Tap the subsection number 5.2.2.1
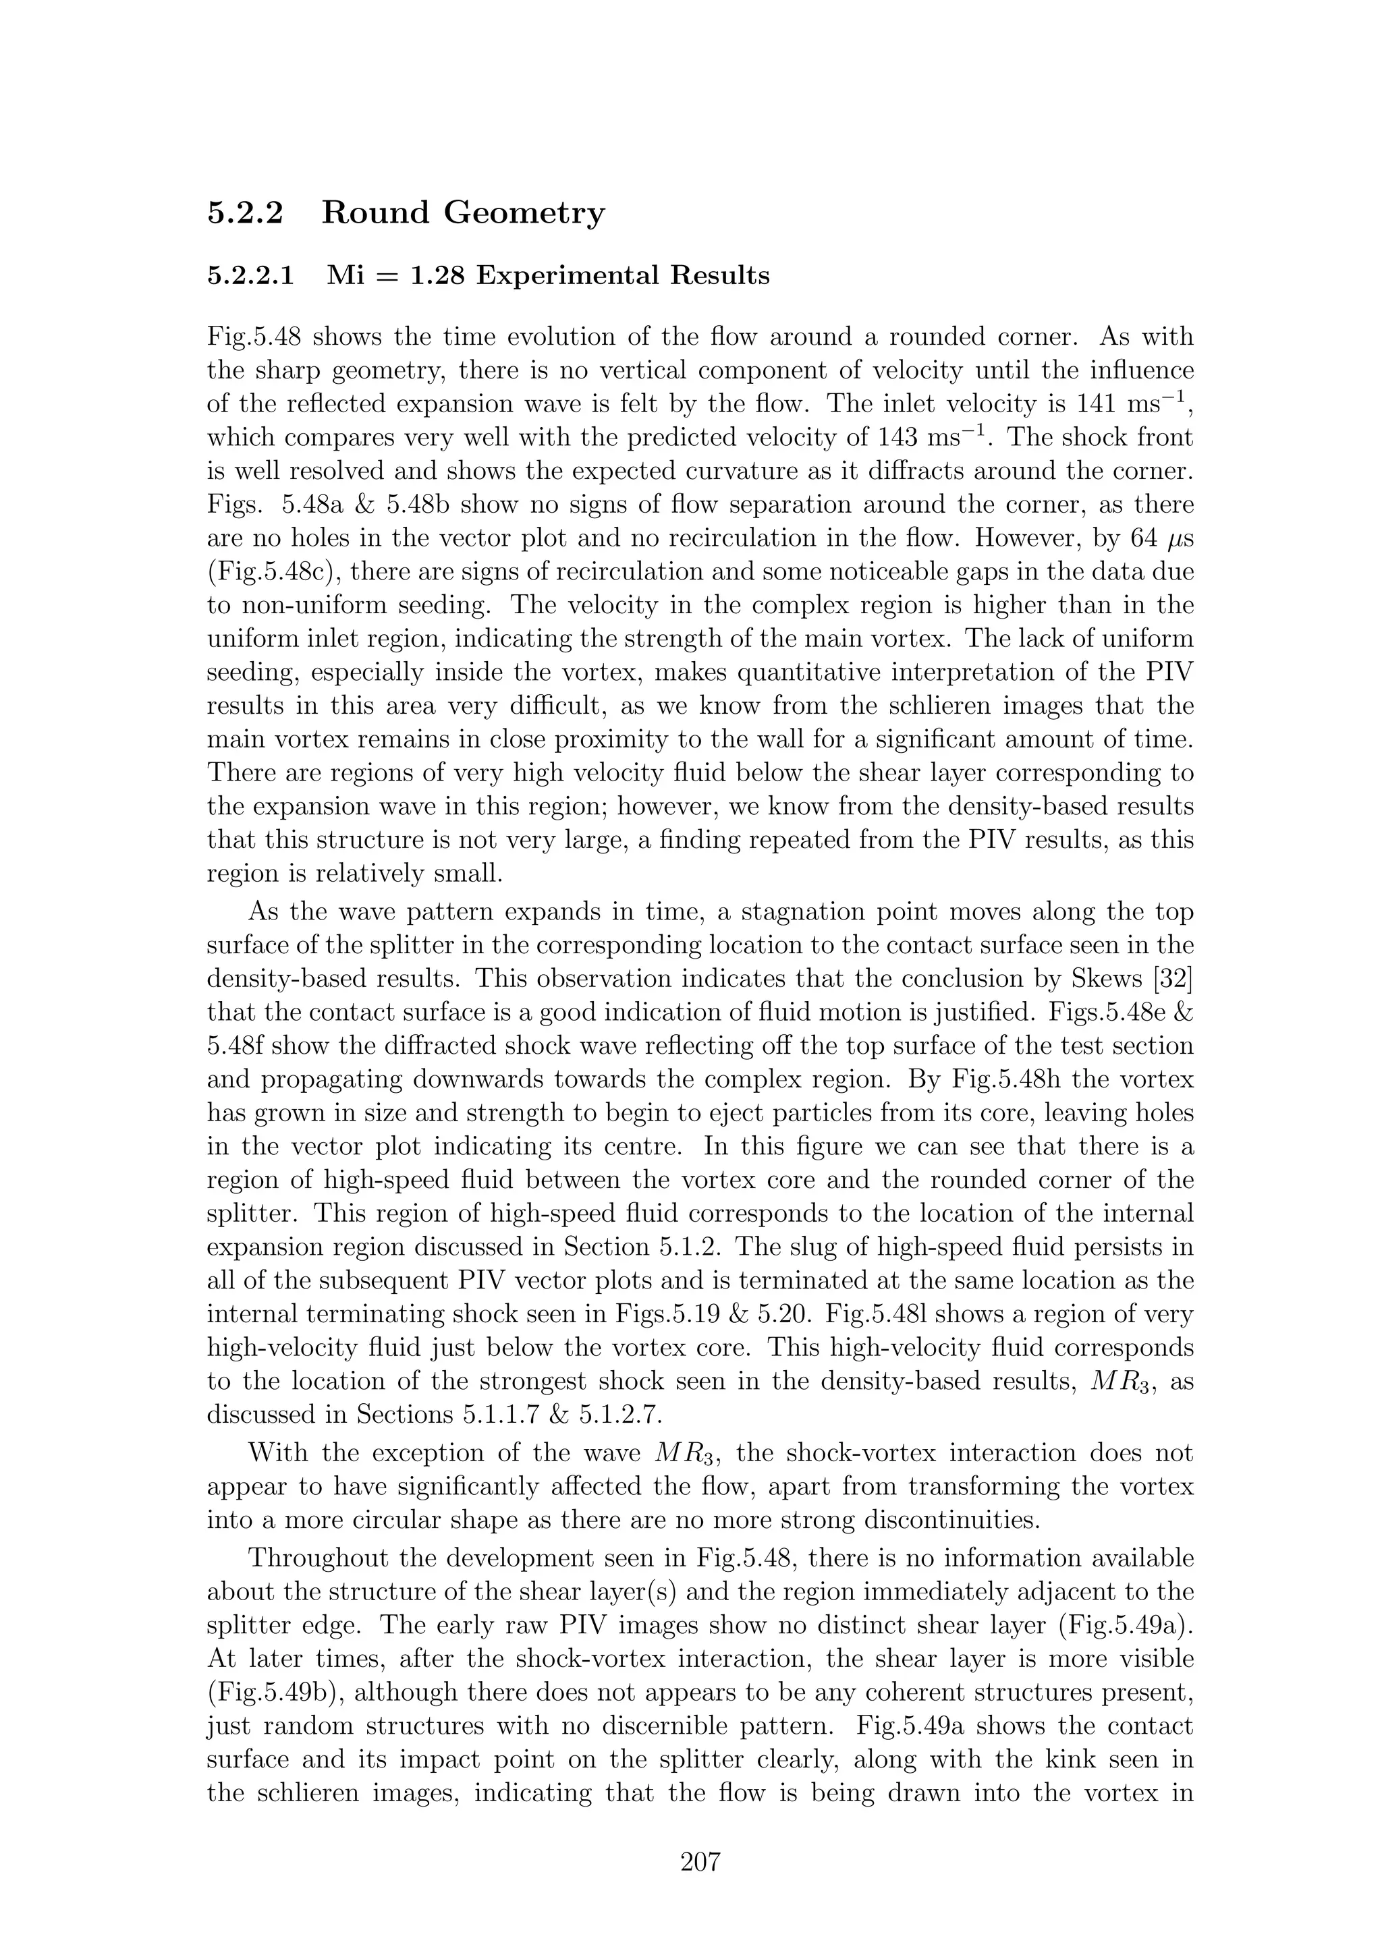(x=251, y=276)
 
